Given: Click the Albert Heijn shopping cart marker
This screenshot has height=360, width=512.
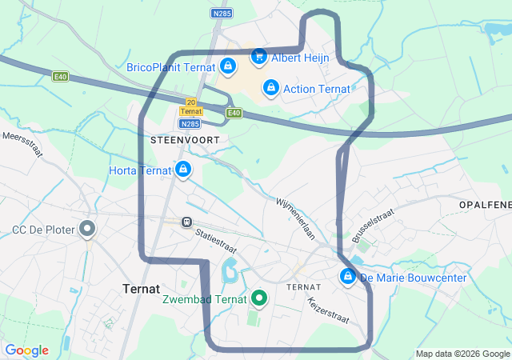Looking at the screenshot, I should pyautogui.click(x=258, y=57).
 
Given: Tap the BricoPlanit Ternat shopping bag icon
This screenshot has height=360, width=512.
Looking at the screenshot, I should pyautogui.click(x=228, y=66).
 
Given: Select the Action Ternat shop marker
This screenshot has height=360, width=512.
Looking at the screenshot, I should pyautogui.click(x=270, y=87).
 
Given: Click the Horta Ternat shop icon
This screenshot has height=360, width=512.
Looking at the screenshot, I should pyautogui.click(x=183, y=170).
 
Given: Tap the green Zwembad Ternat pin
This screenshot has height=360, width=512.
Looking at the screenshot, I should pyautogui.click(x=258, y=299).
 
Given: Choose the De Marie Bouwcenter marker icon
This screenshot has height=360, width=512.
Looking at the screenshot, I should pyautogui.click(x=348, y=278).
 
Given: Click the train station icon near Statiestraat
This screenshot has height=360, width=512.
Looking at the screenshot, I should pyautogui.click(x=186, y=222).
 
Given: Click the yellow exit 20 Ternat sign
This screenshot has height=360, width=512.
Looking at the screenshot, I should pyautogui.click(x=190, y=107).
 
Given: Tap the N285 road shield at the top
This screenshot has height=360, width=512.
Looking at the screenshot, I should pyautogui.click(x=222, y=14).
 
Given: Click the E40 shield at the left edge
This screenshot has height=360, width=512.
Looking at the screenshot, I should pyautogui.click(x=61, y=77).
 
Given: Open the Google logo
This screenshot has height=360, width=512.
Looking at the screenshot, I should pyautogui.click(x=26, y=350).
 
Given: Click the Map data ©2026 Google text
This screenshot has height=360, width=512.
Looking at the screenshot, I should pyautogui.click(x=462, y=354).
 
